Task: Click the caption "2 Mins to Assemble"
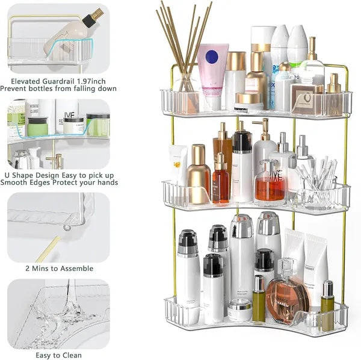click(x=58, y=268)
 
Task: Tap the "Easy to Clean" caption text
click(x=58, y=355)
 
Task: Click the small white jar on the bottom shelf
click(x=239, y=310)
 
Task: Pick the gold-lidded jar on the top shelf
click(x=248, y=99)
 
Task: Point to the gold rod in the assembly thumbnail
click(x=48, y=247)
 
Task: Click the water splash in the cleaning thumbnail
click(x=66, y=310)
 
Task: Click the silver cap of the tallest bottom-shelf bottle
click(x=268, y=223)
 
